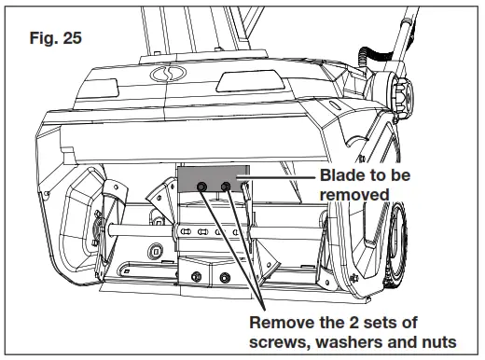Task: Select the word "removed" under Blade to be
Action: (353, 195)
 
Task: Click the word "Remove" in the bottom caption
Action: (280, 322)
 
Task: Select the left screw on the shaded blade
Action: (201, 187)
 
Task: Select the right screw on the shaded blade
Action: (227, 187)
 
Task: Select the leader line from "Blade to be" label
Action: (280, 175)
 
